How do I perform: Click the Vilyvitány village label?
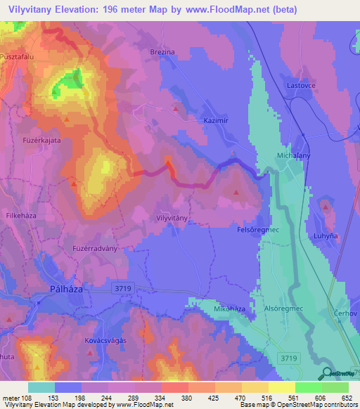click(x=171, y=219)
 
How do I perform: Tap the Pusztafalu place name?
click(x=19, y=56)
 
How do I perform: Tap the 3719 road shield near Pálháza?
click(x=122, y=287)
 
